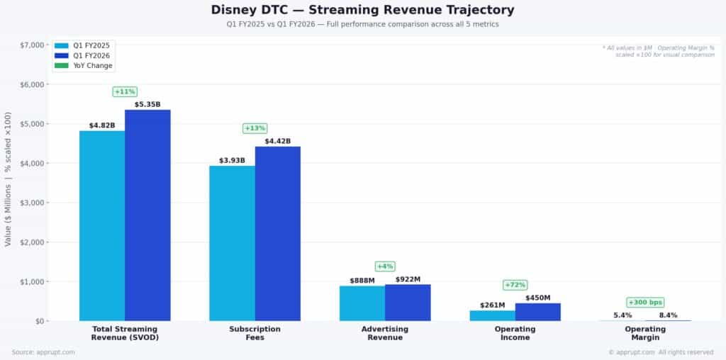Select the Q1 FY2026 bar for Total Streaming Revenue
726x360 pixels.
(147, 215)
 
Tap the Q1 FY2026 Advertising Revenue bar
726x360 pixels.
(408, 303)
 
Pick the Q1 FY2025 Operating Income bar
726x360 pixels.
(492, 315)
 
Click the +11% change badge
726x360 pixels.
(125, 91)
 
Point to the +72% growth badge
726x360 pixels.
(515, 285)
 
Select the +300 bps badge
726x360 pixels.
(645, 303)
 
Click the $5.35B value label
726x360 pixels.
(147, 104)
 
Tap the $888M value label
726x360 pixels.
(362, 281)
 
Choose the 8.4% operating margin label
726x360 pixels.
(668, 315)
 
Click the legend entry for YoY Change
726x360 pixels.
(92, 66)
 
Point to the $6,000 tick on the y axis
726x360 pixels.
(32, 84)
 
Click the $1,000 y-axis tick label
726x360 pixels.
(32, 281)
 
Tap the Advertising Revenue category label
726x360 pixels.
(385, 333)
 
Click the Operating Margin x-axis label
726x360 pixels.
(645, 333)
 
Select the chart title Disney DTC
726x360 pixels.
(362, 10)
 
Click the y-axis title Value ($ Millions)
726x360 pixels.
(8, 178)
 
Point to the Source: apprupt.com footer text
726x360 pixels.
(42, 352)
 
